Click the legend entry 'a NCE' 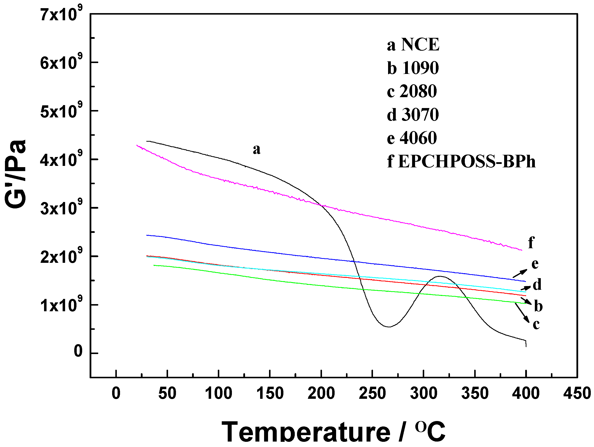[x=413, y=45]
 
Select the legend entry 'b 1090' [x=413, y=68]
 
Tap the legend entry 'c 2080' [x=412, y=91]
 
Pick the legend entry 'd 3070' [x=413, y=114]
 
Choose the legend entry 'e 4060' [x=412, y=138]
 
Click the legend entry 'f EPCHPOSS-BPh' [x=461, y=161]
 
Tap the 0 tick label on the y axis [x=78, y=351]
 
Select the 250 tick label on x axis [x=372, y=393]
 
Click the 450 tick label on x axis [x=577, y=393]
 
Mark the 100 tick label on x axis [x=219, y=393]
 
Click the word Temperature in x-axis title [x=306, y=432]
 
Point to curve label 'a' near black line [x=256, y=149]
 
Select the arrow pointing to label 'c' [x=522, y=313]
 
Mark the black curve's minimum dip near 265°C [x=389, y=327]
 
